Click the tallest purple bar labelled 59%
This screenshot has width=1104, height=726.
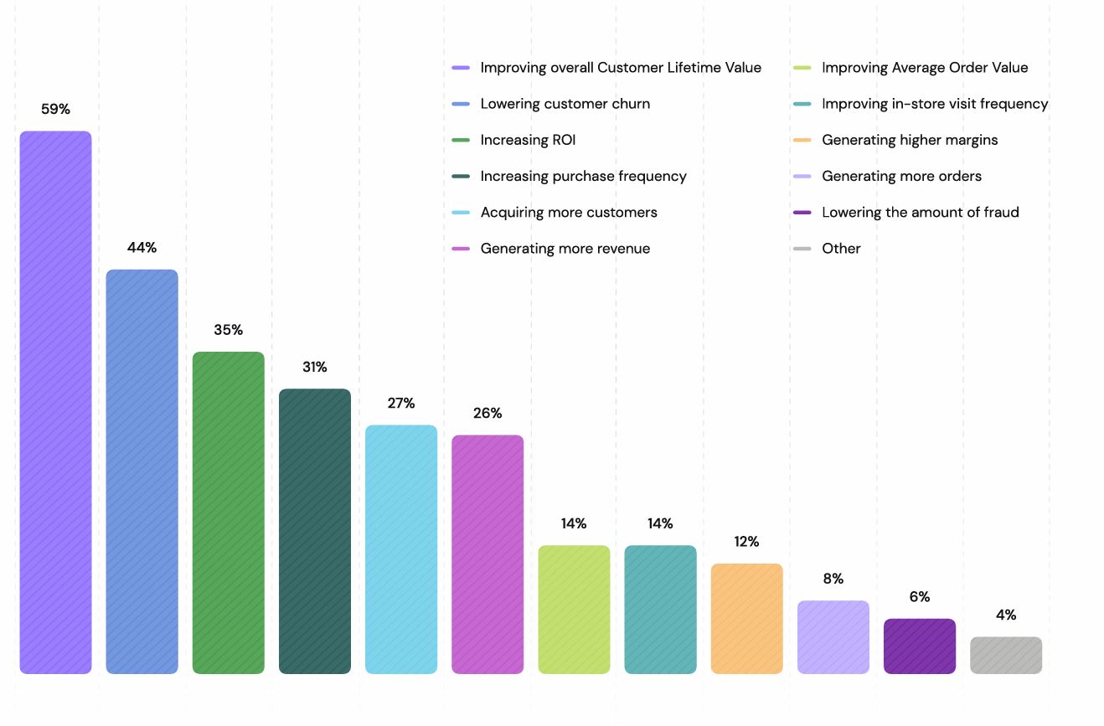55,402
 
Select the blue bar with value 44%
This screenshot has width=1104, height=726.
142,471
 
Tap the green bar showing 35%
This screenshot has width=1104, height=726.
228,512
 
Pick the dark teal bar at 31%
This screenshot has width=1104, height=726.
314,531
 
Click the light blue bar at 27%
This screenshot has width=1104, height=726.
400,549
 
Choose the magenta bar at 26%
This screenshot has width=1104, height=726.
487,554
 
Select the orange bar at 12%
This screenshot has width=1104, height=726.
746,618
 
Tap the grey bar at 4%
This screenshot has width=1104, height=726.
1005,655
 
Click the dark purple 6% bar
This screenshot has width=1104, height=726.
919,646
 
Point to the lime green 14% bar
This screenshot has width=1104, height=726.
574,609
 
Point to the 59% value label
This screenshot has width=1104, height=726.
55,109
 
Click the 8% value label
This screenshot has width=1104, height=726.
833,579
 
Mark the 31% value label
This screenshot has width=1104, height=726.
314,367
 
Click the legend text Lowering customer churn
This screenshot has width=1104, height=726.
565,104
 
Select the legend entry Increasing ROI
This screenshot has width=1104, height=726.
528,140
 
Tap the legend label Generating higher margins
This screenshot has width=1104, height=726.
909,140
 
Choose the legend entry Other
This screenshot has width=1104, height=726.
840,248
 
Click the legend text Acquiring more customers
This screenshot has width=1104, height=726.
568,212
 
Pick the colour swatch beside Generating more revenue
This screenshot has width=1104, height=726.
460,249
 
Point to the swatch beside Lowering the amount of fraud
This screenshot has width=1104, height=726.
802,213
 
